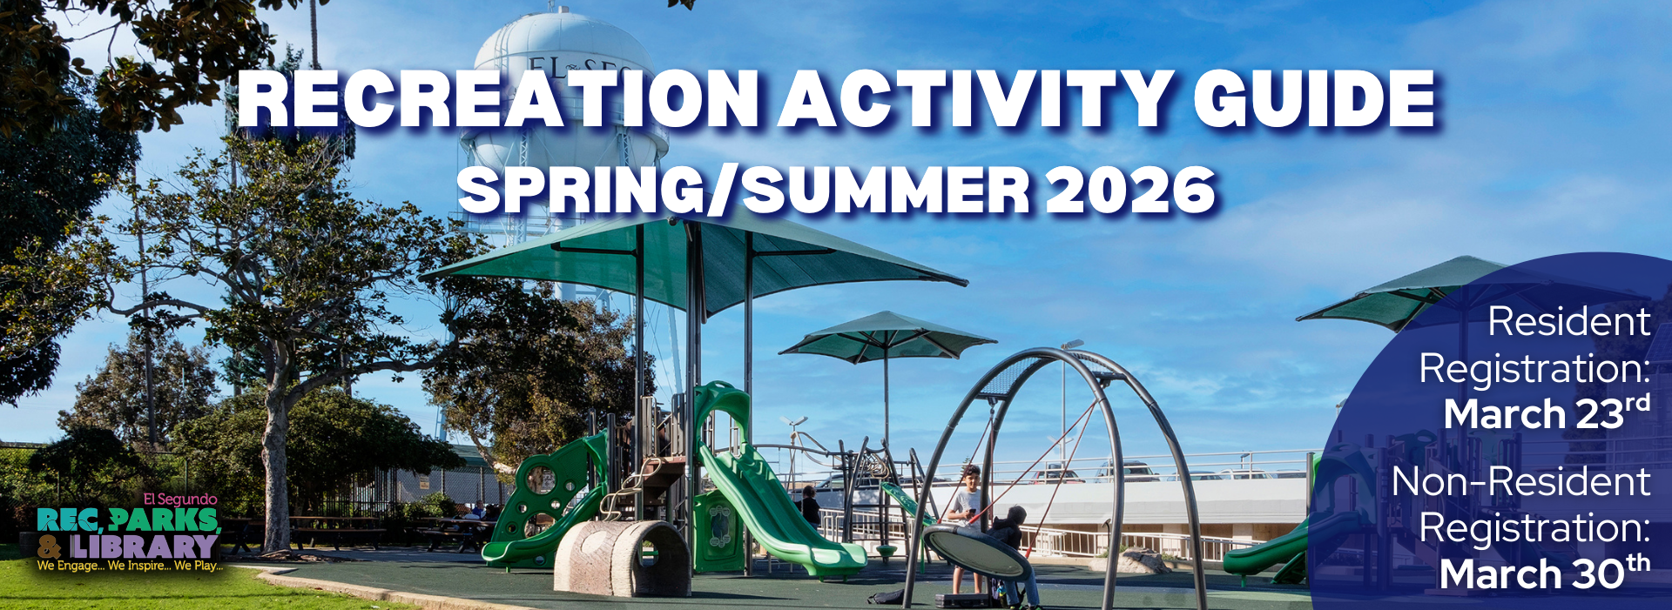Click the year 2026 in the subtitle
click(x=1130, y=191)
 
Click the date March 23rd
click(x=1547, y=413)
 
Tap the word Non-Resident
click(x=1520, y=482)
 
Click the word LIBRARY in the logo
click(x=144, y=546)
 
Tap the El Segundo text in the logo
click(x=180, y=499)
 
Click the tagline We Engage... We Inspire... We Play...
click(x=129, y=566)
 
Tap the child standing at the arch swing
click(x=969, y=505)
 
